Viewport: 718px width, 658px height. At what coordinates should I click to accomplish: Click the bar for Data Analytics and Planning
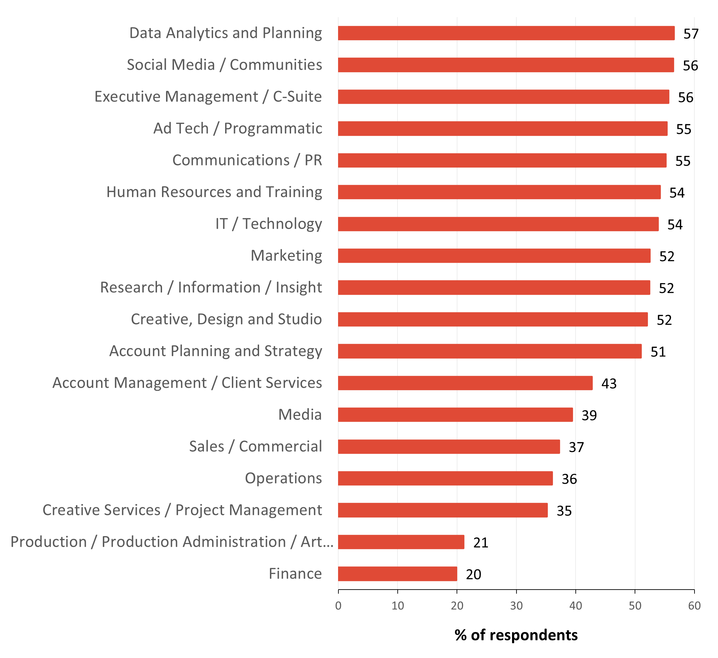click(506, 33)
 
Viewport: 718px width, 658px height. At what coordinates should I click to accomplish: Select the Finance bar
click(397, 574)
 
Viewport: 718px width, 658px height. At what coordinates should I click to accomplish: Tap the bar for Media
click(456, 415)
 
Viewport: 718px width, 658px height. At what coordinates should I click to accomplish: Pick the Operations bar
click(445, 478)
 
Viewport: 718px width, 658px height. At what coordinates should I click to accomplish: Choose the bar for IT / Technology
click(498, 224)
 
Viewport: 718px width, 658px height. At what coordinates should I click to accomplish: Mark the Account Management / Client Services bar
click(465, 383)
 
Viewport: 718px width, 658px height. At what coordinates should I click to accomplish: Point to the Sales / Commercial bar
click(449, 447)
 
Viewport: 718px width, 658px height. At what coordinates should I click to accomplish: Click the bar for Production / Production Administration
click(401, 542)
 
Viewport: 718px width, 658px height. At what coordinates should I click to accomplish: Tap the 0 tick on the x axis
click(338, 606)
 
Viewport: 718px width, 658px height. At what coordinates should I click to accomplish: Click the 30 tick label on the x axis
click(516, 606)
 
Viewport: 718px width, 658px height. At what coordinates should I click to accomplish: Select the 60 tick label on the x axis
click(694, 606)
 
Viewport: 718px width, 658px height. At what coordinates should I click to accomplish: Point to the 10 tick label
click(397, 606)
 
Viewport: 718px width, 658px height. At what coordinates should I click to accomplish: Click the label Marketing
click(286, 256)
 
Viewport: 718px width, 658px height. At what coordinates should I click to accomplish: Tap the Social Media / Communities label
click(224, 65)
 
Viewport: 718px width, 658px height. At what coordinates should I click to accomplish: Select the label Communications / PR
click(247, 160)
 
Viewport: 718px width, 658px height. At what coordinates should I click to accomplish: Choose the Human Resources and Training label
click(214, 192)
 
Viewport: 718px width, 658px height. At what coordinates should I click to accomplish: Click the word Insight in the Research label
click(299, 287)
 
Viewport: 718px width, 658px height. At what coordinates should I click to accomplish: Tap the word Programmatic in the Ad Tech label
click(273, 129)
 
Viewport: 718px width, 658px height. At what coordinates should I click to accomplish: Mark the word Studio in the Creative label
click(300, 319)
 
